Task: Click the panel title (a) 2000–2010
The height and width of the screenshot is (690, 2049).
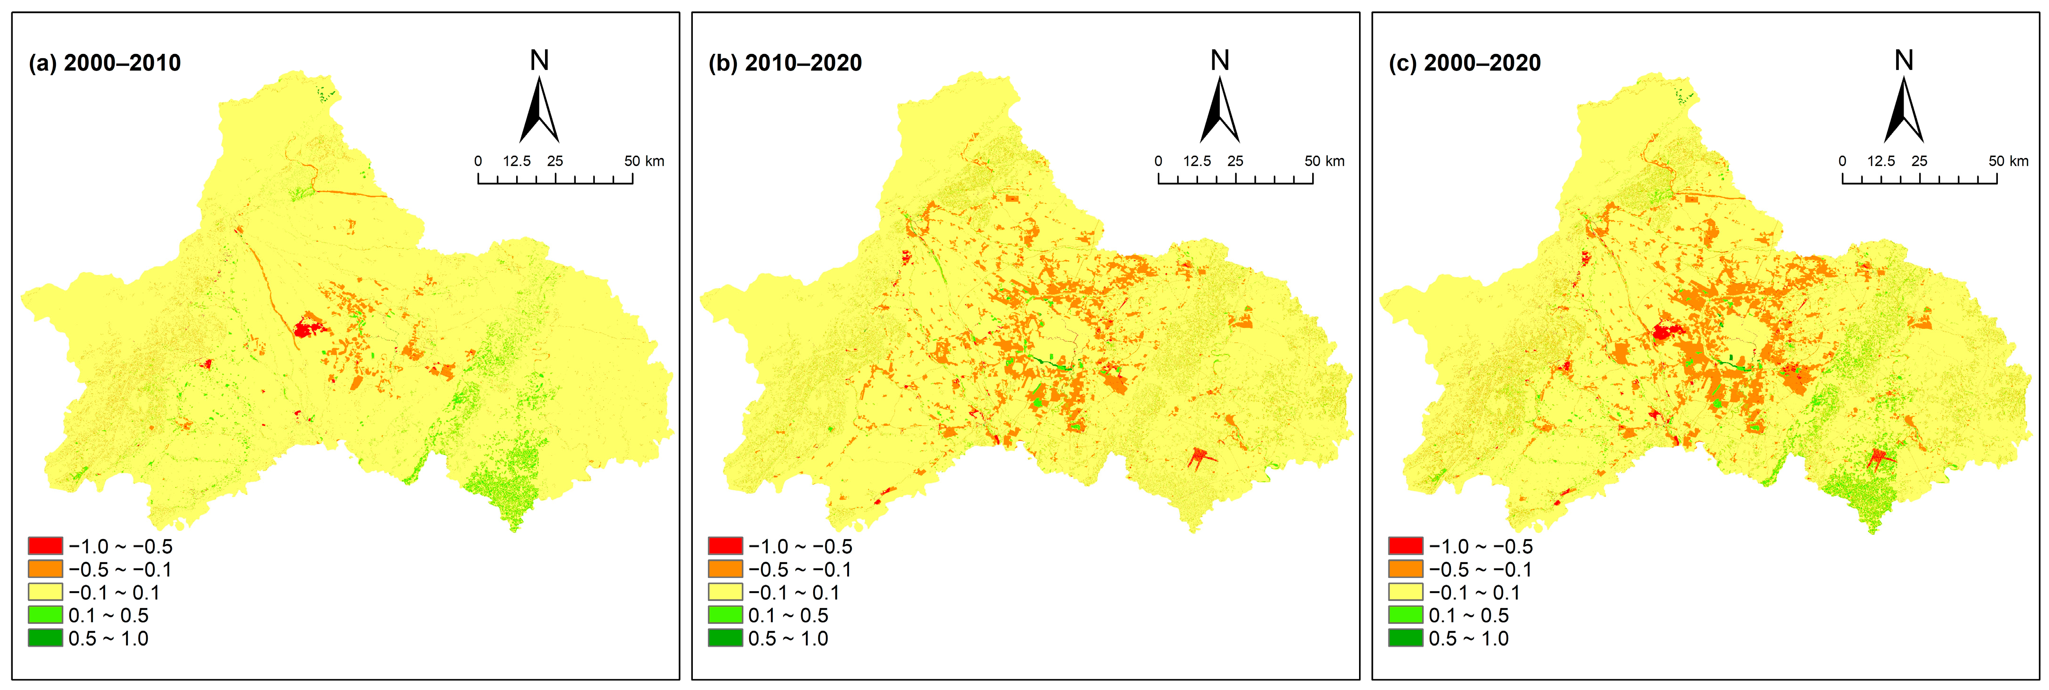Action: pyautogui.click(x=105, y=63)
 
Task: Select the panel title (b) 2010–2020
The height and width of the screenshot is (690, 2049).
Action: pyautogui.click(x=785, y=63)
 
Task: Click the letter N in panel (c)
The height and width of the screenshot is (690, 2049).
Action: pyautogui.click(x=1904, y=61)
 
